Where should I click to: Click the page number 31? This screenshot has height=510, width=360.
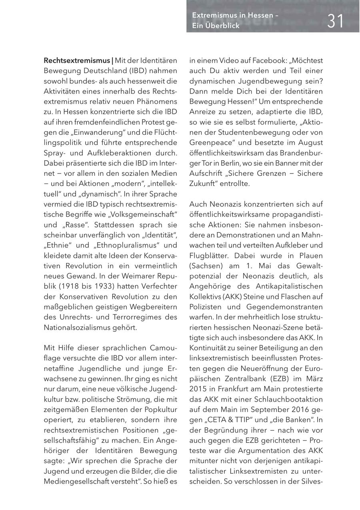tap(335, 20)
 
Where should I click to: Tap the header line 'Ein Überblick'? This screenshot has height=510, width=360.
tap(216, 26)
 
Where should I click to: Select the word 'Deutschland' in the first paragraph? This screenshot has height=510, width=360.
tap(108, 71)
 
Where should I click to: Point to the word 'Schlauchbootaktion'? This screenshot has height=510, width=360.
tap(290, 399)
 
